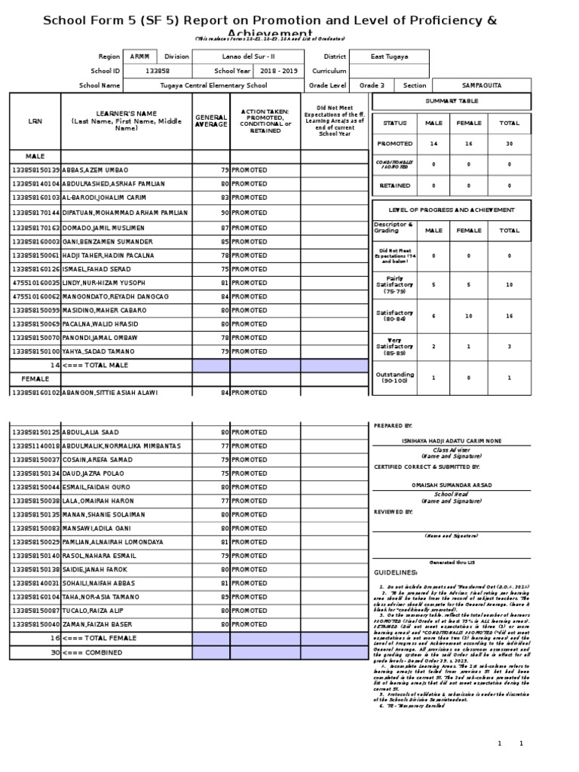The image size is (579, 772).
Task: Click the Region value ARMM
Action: [x=139, y=57]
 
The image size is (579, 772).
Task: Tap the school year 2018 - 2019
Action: [x=279, y=71]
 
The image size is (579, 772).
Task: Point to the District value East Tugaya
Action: [x=391, y=57]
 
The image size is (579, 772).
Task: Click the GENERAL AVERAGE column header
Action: [x=211, y=121]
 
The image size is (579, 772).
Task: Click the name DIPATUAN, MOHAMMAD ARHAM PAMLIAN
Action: [x=124, y=213]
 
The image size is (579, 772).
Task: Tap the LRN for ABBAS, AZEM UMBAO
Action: [x=34, y=170]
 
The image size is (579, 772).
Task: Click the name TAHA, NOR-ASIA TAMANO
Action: [x=101, y=596]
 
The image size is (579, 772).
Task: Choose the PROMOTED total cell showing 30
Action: [x=509, y=142]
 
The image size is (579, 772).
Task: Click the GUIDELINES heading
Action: [x=395, y=572]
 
